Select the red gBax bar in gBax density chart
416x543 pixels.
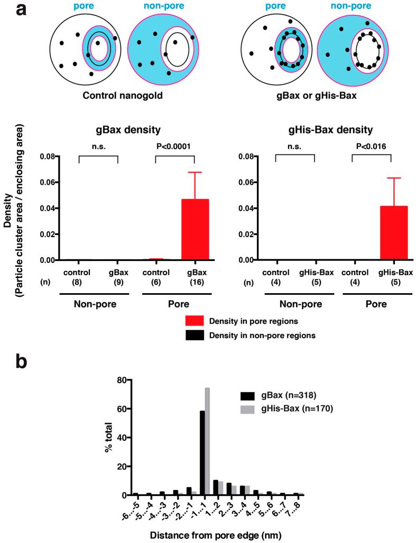tap(195, 230)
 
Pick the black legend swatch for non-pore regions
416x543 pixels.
tap(198, 336)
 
